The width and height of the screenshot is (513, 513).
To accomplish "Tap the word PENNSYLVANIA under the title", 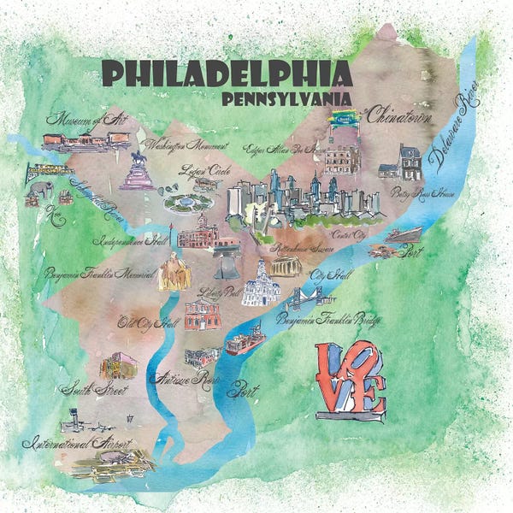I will click(286, 99).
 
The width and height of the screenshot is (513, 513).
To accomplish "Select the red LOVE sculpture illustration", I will click(351, 381).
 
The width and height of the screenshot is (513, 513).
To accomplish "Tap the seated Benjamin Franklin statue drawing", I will click(175, 271).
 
